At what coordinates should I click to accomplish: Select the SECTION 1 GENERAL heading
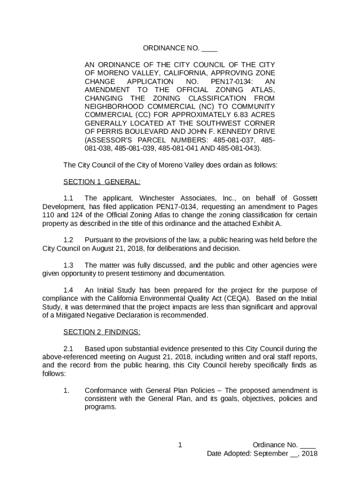101,182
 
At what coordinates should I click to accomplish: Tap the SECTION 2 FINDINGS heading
101,332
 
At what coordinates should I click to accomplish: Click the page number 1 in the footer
180,445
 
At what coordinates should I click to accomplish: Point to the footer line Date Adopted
262,453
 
